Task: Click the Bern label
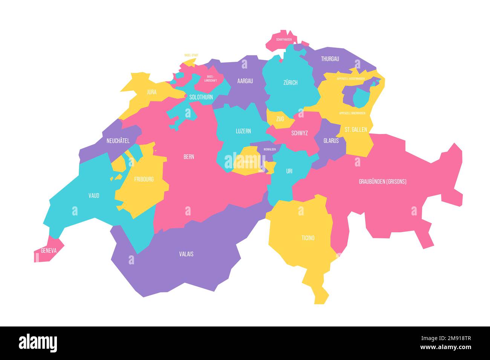[x=189, y=157]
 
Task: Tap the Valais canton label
[x=186, y=254]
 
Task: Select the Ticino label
[x=308, y=238]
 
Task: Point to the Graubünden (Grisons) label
[x=382, y=182]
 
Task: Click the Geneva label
[x=49, y=250]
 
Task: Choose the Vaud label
[x=94, y=195]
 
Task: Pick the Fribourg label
[x=144, y=179]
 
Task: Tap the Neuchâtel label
[x=118, y=141]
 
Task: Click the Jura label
[x=152, y=92]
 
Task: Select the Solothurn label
[x=201, y=97]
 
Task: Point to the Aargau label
[x=245, y=81]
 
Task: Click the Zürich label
[x=290, y=82]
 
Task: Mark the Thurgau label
[x=330, y=59]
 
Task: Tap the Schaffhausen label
[x=284, y=39]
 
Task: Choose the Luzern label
[x=243, y=131]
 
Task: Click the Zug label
[x=280, y=119]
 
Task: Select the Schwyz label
[x=300, y=133]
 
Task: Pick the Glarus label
[x=331, y=141]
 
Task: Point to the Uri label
[x=289, y=171]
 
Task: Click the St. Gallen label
[x=355, y=130]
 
